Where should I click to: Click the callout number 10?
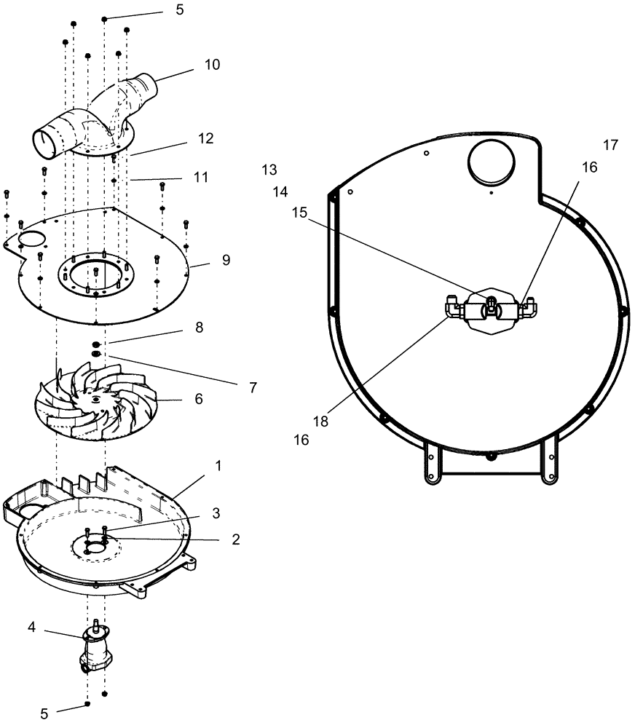(211, 64)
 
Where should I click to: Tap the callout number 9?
(226, 260)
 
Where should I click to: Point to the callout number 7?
(253, 388)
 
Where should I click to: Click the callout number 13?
(269, 170)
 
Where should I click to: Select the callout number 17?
(610, 146)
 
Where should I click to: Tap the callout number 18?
(321, 421)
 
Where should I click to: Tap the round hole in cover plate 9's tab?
(31, 238)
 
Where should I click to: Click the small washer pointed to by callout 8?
(95, 344)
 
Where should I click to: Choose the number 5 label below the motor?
(45, 714)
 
